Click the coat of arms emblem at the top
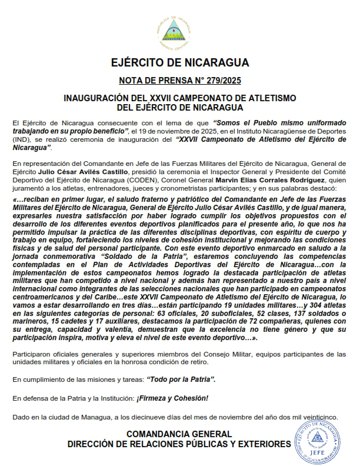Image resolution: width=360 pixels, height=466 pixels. click(179, 32)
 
